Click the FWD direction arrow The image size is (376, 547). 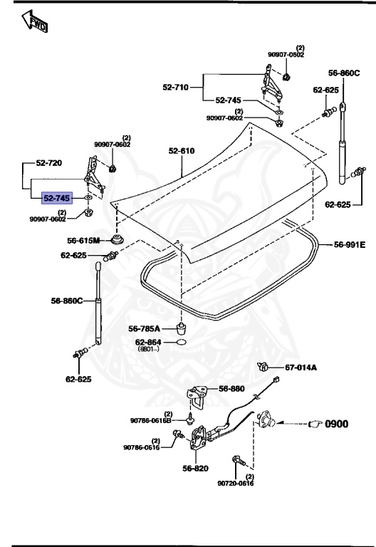click(34, 21)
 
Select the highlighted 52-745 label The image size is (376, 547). click(57, 198)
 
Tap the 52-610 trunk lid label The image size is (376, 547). click(182, 151)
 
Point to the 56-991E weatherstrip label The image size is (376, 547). click(350, 244)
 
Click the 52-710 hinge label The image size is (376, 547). click(175, 87)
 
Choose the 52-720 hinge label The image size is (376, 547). click(49, 163)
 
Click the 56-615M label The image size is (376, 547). click(83, 240)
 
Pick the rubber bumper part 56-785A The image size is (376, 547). click(182, 328)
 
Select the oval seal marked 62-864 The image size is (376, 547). click(181, 342)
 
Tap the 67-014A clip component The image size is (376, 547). click(262, 366)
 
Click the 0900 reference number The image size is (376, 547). click(337, 424)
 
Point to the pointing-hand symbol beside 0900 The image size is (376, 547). click(315, 424)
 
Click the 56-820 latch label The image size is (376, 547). click(195, 468)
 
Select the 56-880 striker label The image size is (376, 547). click(231, 389)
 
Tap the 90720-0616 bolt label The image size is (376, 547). click(236, 483)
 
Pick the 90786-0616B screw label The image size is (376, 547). click(151, 421)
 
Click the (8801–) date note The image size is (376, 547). click(148, 349)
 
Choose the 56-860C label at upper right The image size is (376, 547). click(344, 73)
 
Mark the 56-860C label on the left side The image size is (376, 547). click(67, 301)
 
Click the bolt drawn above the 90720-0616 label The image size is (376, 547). click(239, 461)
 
